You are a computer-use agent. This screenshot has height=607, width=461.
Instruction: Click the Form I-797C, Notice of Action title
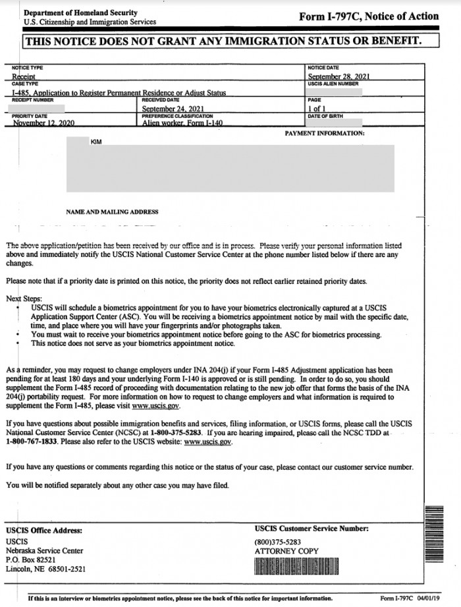(368, 16)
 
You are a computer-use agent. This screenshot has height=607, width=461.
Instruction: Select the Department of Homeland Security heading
(80, 13)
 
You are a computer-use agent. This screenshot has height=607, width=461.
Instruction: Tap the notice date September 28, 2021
(339, 76)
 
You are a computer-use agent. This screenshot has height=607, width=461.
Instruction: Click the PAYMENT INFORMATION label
(324, 133)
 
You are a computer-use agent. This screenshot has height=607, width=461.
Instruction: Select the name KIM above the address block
(96, 142)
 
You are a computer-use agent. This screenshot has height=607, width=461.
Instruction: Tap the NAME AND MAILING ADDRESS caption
(112, 212)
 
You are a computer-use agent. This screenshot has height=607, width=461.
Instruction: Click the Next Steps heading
(24, 299)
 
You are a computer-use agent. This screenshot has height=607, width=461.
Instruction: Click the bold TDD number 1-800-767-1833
(32, 442)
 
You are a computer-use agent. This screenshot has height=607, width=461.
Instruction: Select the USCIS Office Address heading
(44, 530)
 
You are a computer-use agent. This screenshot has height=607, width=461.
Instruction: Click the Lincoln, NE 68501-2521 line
(45, 569)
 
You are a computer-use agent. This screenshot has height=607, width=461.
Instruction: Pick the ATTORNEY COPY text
(286, 551)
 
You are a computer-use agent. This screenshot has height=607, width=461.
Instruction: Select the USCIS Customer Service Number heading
(312, 529)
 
